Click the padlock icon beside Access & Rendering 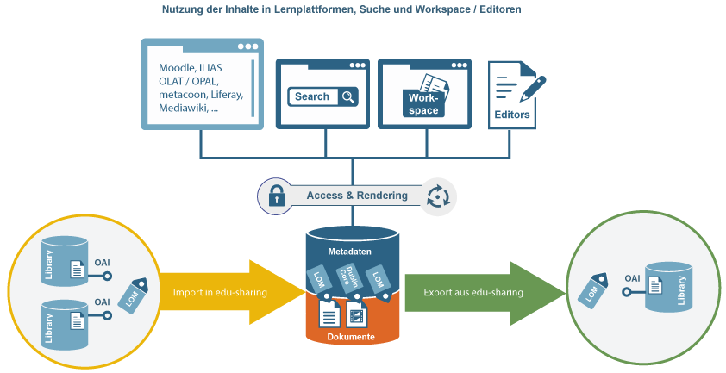click(276, 196)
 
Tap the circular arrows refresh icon click(439, 196)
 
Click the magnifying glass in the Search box click(347, 97)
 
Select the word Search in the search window click(312, 97)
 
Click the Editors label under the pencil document click(512, 114)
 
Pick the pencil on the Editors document click(534, 86)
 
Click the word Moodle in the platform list click(177, 67)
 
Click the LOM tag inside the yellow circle click(138, 292)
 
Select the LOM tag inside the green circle click(592, 290)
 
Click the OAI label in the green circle click(632, 278)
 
